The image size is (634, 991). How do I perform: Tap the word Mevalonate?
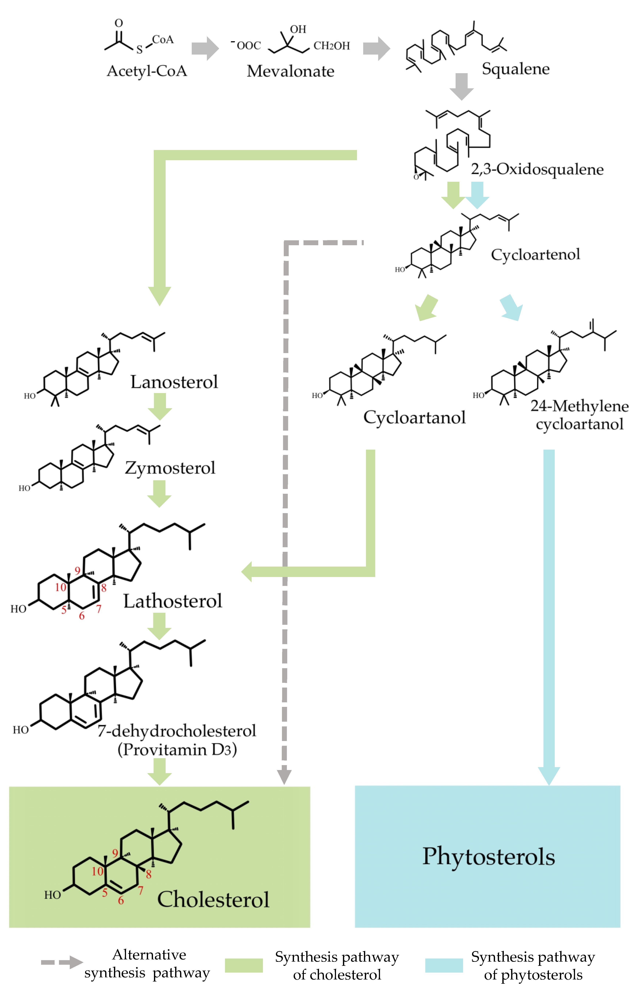click(290, 71)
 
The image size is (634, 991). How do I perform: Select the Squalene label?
click(516, 69)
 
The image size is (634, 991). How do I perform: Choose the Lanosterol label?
click(174, 382)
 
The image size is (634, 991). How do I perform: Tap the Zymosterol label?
click(170, 468)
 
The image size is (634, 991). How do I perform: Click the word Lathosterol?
click(173, 601)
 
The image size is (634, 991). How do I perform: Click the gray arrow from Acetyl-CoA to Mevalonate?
click(205, 48)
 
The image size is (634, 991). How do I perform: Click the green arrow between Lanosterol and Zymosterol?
click(160, 406)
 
